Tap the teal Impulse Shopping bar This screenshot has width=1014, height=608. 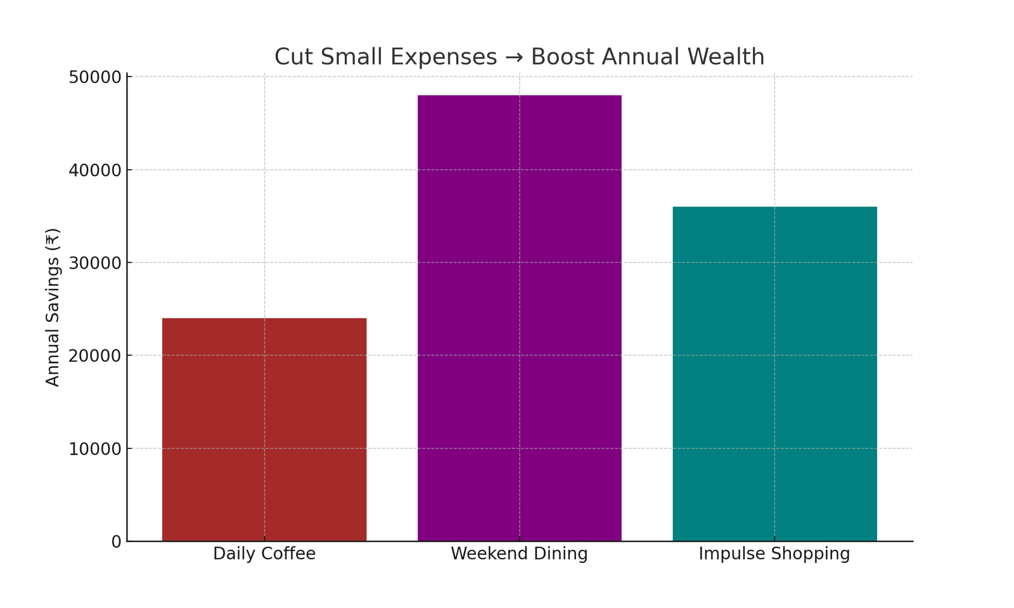[x=774, y=374]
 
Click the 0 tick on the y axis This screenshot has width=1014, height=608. [x=116, y=542]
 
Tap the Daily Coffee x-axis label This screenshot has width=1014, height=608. [x=264, y=554]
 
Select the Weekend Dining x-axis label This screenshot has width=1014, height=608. [x=519, y=554]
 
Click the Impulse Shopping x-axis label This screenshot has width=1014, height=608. [x=774, y=554]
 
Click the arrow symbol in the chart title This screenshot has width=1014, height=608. [x=514, y=58]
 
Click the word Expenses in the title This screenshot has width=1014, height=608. [x=444, y=57]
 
